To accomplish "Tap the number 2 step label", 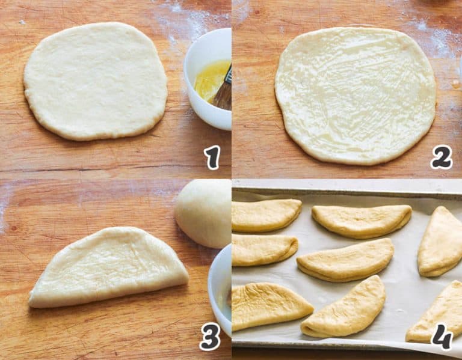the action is [442, 157].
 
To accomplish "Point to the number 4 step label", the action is [442, 337].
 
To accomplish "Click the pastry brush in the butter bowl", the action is [224, 92].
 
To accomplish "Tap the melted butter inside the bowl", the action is [210, 81].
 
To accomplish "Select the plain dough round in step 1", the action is [96, 81].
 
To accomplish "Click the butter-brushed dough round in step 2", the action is [355, 96].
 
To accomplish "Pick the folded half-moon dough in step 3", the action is [109, 268].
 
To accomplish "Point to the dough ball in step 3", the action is [203, 213].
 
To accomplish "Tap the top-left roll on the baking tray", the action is [265, 216].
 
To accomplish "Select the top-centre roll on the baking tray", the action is [362, 221].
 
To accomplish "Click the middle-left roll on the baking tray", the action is [263, 249].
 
